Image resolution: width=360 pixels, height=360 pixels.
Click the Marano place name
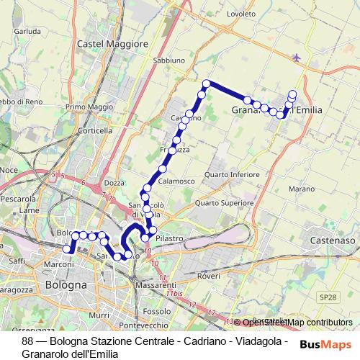point(302,189)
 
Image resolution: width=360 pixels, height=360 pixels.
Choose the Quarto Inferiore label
point(232,174)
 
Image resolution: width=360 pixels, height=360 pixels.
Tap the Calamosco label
point(176,181)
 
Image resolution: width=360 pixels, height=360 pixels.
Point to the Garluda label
point(27,32)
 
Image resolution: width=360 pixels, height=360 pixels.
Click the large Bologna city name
point(66,284)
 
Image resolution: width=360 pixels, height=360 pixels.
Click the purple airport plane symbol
point(298,57)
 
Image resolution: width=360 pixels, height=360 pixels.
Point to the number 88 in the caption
point(28,341)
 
